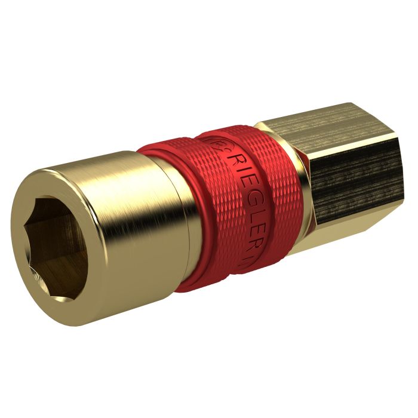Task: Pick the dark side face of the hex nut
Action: (x=352, y=173)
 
